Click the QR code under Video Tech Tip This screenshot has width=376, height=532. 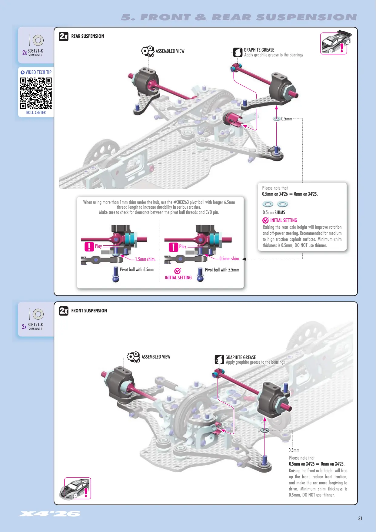coord(36,93)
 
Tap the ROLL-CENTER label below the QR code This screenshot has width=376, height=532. coord(36,113)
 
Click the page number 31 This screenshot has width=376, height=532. coord(360,518)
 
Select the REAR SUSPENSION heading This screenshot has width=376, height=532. coord(88,36)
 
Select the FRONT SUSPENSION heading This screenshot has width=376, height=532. coord(89,311)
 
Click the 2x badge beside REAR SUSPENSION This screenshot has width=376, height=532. coord(64,36)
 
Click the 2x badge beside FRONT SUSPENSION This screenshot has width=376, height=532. coord(64,311)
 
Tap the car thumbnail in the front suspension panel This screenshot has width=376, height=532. coord(78,488)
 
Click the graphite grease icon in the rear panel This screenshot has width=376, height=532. coord(238,52)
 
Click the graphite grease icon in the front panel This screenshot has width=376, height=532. coord(219,360)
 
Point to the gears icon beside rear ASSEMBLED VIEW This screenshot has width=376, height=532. coord(148,51)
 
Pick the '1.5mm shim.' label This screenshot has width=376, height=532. coord(145,259)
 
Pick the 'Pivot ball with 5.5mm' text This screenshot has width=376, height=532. coord(222,270)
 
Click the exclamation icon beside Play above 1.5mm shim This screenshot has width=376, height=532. coord(89,247)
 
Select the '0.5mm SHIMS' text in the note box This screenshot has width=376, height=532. coord(274,213)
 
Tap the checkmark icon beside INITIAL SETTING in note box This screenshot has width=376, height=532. coord(266,220)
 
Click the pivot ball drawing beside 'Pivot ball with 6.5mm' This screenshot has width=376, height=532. coord(116,274)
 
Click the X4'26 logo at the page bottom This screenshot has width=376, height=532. coord(49,513)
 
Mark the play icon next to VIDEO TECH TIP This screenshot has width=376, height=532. coord(22,72)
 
